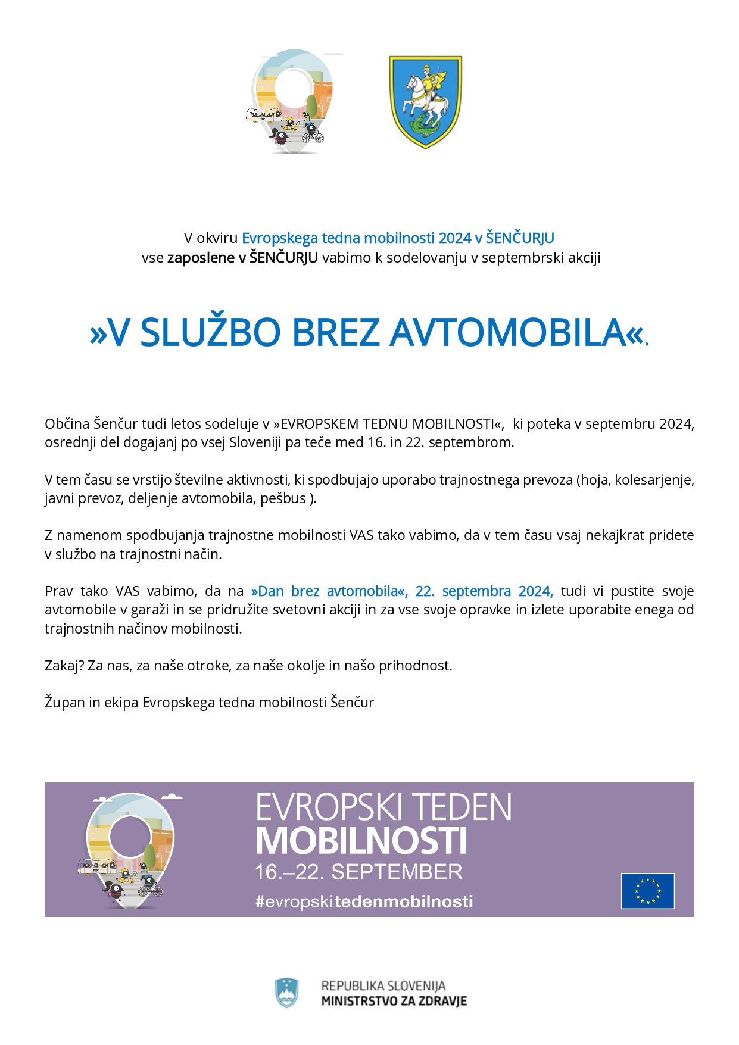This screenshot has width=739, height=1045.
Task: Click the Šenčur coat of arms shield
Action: (425, 101)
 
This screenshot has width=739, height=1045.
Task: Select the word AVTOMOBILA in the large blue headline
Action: (509, 332)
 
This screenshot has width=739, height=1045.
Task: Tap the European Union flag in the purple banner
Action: (647, 891)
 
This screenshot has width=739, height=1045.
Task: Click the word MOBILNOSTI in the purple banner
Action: (361, 841)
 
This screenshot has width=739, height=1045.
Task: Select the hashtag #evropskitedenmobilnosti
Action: (364, 901)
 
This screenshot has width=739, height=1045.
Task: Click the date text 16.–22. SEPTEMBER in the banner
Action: (358, 872)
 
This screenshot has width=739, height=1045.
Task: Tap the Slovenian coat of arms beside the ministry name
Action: (286, 993)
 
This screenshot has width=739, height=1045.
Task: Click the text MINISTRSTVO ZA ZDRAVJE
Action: (394, 1001)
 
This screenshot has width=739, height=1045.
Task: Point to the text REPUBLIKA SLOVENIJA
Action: (383, 985)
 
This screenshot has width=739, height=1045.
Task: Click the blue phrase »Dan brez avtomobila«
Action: (329, 591)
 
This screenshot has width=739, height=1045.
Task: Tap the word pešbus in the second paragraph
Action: (283, 498)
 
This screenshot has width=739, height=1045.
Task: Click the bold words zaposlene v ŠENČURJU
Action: (242, 258)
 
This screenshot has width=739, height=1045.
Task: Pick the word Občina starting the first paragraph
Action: (67, 424)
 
